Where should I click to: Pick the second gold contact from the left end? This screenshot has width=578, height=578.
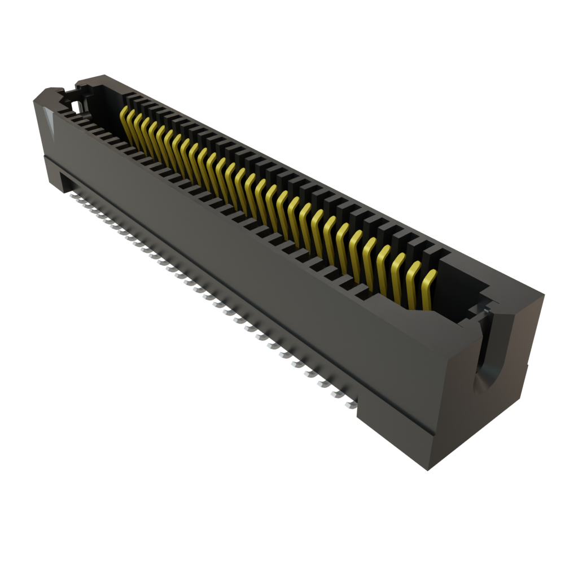click(130, 125)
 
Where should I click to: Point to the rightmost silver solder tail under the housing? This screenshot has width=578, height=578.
click(350, 404)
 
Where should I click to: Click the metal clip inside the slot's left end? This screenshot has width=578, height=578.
click(79, 104)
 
